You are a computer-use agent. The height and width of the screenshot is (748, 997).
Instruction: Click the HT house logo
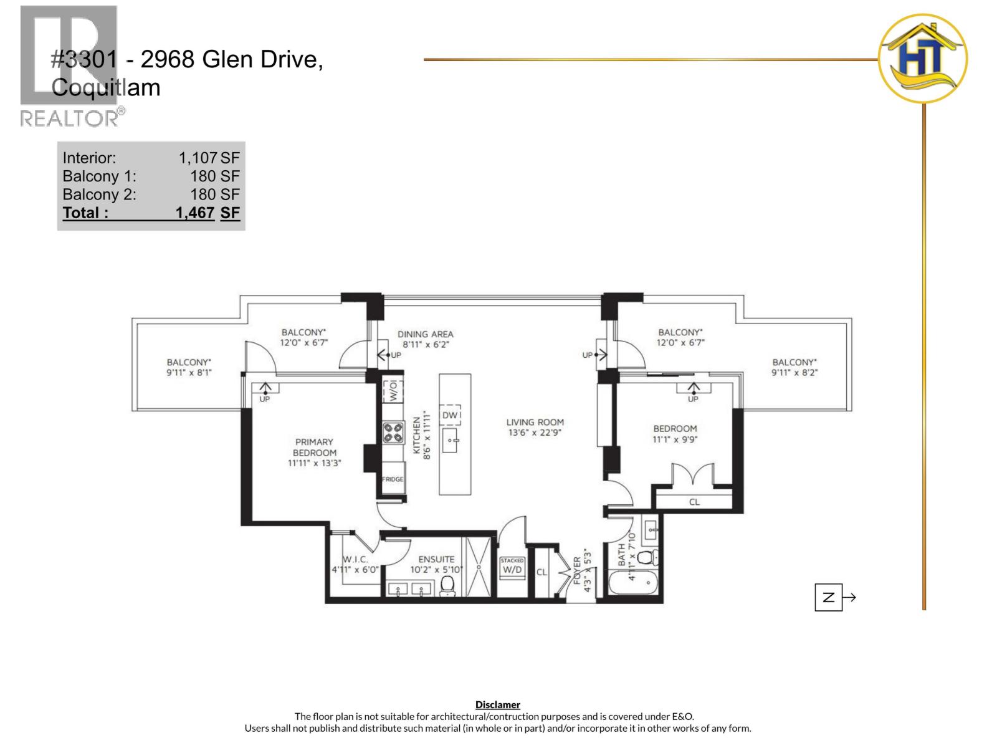tap(922, 59)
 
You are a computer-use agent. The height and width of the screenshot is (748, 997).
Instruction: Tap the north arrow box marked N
tap(828, 597)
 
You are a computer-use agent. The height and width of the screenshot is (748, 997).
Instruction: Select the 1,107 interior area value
tap(198, 158)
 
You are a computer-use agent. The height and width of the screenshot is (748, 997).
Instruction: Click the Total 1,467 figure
tap(195, 213)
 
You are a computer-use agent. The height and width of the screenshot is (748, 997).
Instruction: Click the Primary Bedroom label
tap(314, 448)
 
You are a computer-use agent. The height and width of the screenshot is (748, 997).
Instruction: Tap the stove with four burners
tap(393, 433)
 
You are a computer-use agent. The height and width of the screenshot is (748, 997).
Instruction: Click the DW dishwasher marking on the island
tap(451, 415)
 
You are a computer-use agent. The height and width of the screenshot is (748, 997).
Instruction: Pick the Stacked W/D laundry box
tap(512, 567)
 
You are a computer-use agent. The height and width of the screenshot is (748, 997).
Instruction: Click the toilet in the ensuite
tap(447, 585)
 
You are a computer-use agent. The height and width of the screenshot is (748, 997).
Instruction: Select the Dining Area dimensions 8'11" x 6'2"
tap(426, 344)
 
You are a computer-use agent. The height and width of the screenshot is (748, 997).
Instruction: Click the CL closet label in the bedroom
tap(694, 502)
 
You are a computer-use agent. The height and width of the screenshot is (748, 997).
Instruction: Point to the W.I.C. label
tap(355, 560)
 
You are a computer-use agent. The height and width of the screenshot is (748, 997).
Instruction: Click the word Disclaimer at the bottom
tap(497, 705)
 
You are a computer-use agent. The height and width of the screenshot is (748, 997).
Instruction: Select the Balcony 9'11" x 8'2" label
tap(794, 367)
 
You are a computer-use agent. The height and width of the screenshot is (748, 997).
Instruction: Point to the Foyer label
tap(576, 570)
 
